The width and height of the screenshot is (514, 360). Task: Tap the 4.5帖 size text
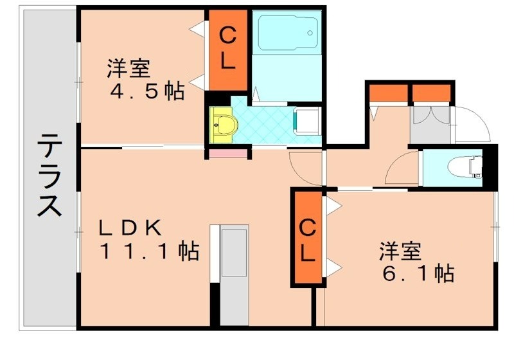pos(148,91)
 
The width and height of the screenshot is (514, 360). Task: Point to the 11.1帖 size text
pos(148,251)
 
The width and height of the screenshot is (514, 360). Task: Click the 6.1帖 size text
pos(417,273)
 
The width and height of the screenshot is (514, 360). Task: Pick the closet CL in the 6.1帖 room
pos(308,239)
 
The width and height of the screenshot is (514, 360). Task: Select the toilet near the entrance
pos(472,166)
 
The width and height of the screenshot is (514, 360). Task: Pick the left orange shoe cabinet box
pos(387,93)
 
